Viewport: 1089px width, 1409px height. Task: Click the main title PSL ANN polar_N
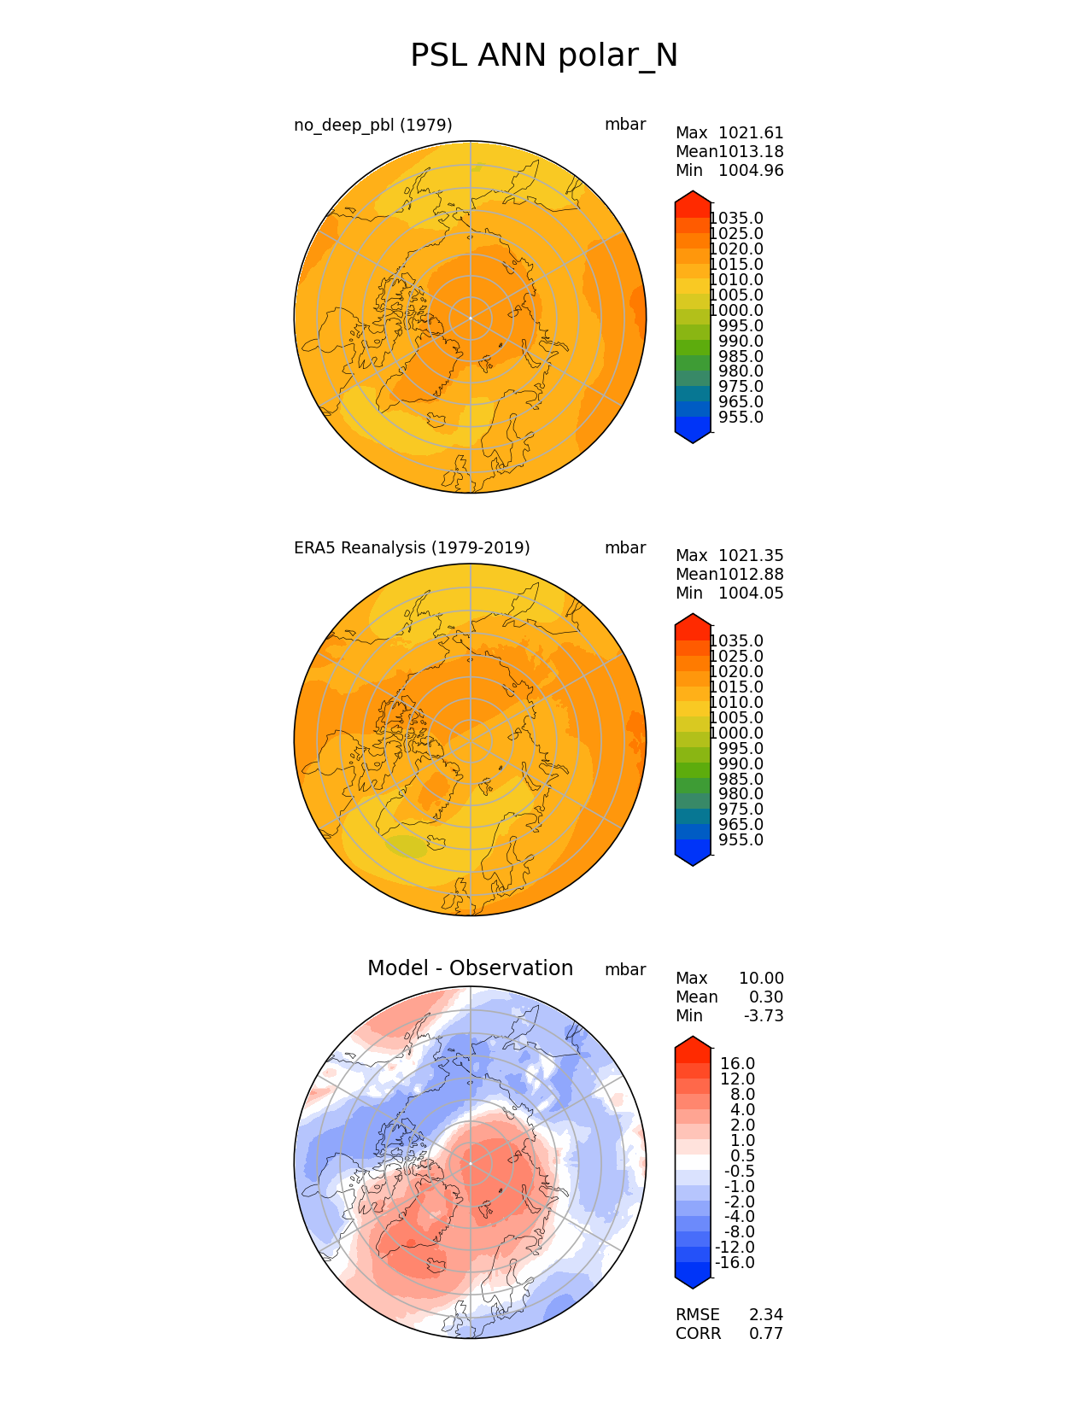coord(544,56)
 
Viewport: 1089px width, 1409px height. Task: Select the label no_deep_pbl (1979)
coord(373,126)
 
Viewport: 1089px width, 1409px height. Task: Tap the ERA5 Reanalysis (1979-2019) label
coord(412,548)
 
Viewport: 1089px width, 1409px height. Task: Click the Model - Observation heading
coord(470,968)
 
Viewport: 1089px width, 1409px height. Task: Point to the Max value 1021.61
coord(751,133)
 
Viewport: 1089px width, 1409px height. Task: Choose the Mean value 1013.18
coord(751,152)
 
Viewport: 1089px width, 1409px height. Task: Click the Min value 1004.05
coord(751,593)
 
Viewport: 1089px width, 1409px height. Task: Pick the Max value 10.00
coord(761,979)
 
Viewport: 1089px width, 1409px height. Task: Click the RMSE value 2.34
coord(766,1315)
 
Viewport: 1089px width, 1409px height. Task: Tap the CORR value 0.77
coord(766,1334)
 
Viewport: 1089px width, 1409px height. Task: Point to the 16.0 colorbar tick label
coord(738,1064)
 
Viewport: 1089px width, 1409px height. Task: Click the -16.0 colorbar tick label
coord(735,1263)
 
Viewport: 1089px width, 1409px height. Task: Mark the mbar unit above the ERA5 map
coord(625,548)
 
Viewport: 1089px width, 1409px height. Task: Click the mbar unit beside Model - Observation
coord(625,970)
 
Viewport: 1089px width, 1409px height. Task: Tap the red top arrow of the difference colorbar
coord(693,1044)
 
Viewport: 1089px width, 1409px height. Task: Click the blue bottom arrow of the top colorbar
coord(693,436)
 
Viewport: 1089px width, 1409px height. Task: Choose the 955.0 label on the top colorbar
coord(741,418)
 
